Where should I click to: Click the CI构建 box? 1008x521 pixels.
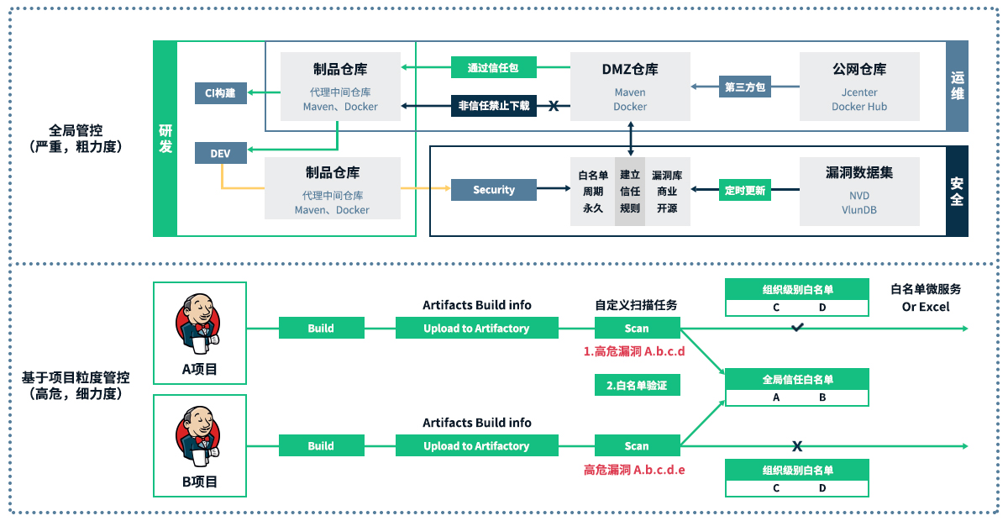[x=220, y=92]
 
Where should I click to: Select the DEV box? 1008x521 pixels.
[x=220, y=153]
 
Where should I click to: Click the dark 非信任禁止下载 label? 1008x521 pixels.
[x=494, y=106]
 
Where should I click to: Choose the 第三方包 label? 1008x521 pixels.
[x=745, y=86]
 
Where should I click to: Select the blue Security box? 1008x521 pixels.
[x=494, y=190]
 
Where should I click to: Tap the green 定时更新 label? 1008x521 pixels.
[x=745, y=191]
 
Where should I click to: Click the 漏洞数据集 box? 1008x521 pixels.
[x=859, y=191]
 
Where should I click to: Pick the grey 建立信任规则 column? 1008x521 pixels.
[x=630, y=191]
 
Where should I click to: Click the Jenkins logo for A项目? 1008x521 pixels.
[x=199, y=320]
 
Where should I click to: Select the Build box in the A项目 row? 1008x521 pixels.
[x=321, y=329]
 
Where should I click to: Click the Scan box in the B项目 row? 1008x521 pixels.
[x=637, y=446]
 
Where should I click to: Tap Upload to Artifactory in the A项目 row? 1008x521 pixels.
[x=476, y=329]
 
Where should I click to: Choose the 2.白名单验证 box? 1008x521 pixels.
[x=637, y=386]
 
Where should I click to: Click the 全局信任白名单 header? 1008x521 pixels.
[x=797, y=380]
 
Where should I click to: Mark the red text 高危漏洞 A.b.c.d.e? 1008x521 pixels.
[x=634, y=470]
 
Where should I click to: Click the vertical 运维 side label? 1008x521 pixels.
[x=957, y=86]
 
